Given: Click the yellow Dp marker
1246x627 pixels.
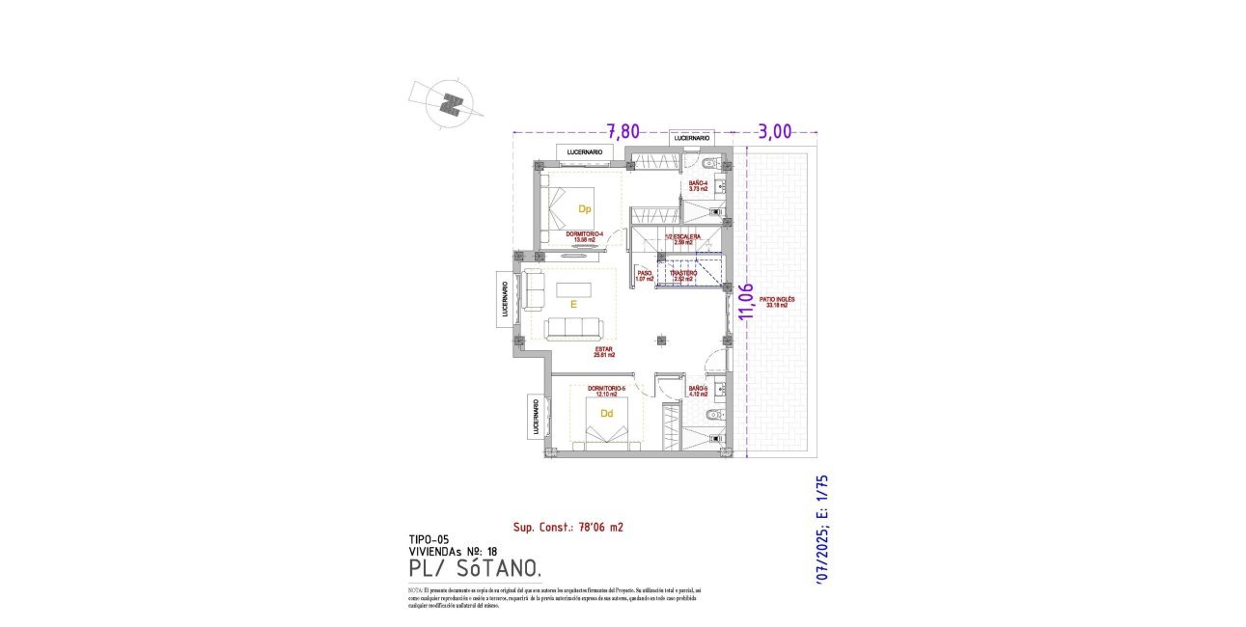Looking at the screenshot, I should tap(584, 209).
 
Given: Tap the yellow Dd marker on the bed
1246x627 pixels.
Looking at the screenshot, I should tap(606, 414).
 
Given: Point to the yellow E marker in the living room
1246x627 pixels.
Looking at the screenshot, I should tap(573, 304).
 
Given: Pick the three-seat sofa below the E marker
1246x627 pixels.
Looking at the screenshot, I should tap(576, 328).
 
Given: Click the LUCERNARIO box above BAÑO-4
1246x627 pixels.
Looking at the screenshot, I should tap(692, 139).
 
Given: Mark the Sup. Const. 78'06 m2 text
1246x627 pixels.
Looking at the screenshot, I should tap(568, 527).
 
